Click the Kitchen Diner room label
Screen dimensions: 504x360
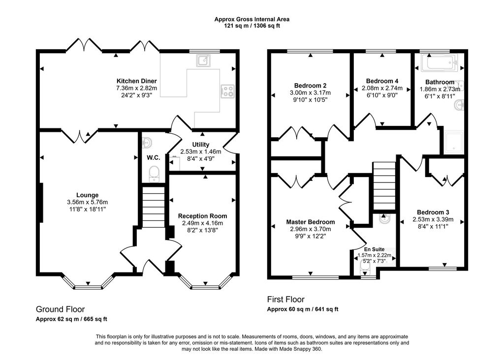pos(137,81)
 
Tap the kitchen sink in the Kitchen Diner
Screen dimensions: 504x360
pos(204,60)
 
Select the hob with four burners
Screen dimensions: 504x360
pos(227,91)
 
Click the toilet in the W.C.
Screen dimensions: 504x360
pos(154,174)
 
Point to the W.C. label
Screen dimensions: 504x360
pos(154,158)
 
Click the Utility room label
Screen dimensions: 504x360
pos(201,145)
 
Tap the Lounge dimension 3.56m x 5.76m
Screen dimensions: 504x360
pos(88,202)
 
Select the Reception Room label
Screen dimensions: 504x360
pos(202,216)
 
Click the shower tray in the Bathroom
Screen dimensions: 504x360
pos(453,142)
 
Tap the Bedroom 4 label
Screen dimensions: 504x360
pos(382,81)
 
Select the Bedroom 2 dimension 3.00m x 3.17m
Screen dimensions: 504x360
pos(310,93)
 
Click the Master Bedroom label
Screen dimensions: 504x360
pos(311,222)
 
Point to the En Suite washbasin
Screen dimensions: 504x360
pos(384,219)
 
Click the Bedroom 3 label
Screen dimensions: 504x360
pos(433,212)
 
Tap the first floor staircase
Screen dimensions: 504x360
pos(384,186)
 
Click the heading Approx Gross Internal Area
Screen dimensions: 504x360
pos(252,19)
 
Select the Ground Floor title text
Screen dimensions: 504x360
pos(60,309)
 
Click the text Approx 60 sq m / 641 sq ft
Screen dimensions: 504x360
pos(303,309)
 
